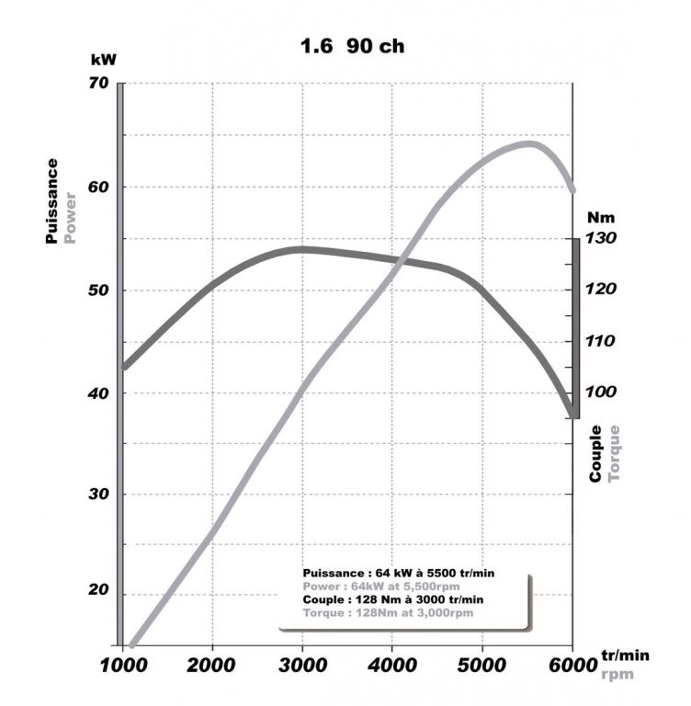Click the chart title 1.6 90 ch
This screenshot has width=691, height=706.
352,46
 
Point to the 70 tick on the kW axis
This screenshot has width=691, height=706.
98,84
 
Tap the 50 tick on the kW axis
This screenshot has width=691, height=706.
98,290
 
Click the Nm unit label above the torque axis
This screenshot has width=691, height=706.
603,218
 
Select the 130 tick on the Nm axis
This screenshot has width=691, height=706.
603,238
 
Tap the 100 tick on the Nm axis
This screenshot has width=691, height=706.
603,393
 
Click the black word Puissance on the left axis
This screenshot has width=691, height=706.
52,200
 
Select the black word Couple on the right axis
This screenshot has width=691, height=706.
595,453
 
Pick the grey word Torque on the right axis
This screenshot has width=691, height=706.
614,453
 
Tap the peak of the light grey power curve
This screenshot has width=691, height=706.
529,143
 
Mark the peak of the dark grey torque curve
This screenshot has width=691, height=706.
301,248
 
